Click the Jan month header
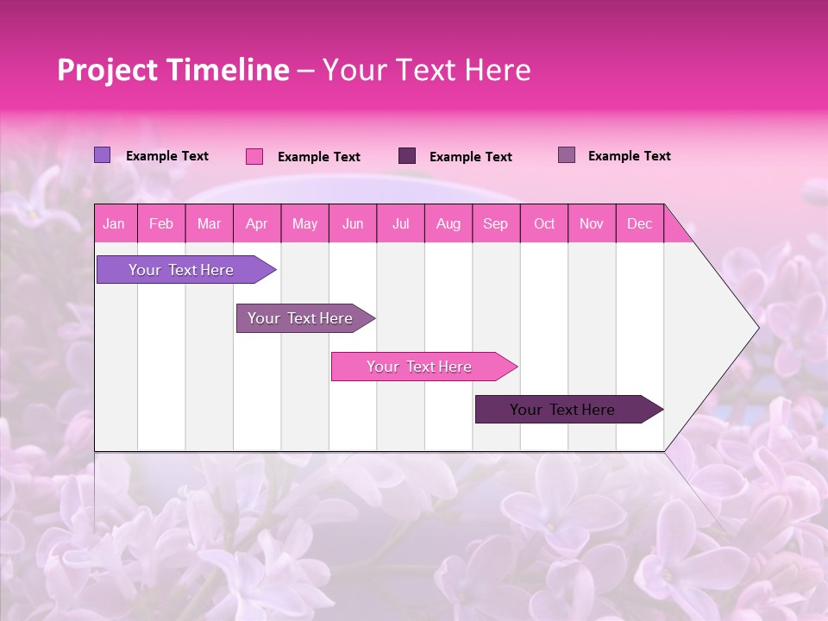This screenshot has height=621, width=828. [114, 223]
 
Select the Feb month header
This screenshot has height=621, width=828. [161, 223]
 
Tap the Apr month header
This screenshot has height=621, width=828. [256, 223]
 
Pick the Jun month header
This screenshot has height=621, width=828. [353, 223]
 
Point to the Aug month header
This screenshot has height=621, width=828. [448, 223]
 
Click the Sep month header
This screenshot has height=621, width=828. [495, 223]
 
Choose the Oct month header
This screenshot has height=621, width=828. [544, 223]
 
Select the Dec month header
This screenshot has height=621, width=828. [639, 223]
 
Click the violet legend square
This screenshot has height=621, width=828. [102, 155]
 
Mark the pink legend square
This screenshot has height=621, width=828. [254, 156]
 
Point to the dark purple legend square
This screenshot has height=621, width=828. [407, 156]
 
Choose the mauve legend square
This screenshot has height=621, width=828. [567, 155]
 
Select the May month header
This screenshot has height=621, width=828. [304, 223]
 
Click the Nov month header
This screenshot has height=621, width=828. [592, 223]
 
